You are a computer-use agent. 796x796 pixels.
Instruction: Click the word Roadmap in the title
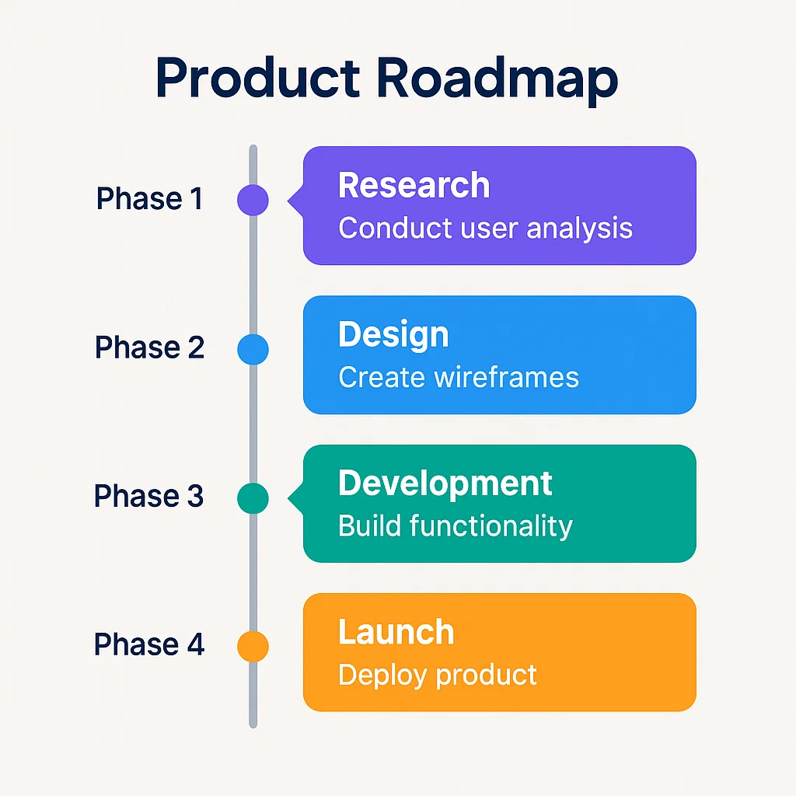497,79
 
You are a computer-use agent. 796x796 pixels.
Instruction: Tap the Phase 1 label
149,199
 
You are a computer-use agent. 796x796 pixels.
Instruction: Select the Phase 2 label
149,347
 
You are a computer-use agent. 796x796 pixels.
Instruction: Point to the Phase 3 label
149,496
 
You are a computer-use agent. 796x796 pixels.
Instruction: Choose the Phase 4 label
149,644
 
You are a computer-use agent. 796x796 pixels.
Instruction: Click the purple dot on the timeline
253,200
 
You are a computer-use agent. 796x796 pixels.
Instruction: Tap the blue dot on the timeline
253,349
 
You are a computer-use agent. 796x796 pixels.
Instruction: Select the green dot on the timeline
253,497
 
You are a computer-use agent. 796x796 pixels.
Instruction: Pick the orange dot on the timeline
253,646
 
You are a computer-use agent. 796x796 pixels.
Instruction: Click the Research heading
414,186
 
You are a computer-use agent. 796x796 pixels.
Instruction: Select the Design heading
393,334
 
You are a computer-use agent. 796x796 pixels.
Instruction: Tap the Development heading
445,483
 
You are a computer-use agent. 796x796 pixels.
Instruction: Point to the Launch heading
396,632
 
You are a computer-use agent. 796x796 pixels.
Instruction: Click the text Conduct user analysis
485,229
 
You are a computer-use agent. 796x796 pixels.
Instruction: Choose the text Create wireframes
459,377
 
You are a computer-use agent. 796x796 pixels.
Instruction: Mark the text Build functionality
456,526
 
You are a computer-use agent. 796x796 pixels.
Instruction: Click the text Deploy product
438,675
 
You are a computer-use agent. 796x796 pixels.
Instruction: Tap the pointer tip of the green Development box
290,497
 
